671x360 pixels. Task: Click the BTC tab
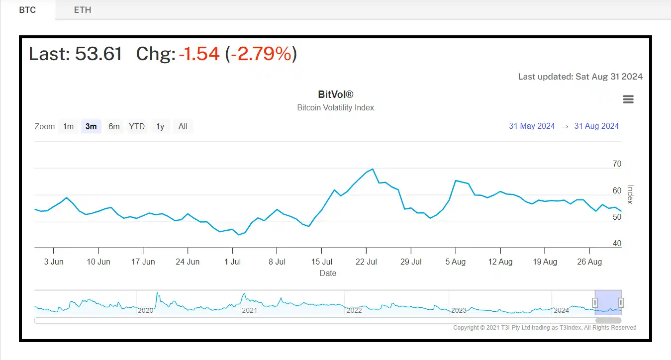click(27, 10)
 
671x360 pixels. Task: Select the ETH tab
click(83, 10)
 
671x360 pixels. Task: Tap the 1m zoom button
click(68, 126)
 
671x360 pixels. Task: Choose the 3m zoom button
click(91, 126)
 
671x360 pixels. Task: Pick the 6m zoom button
click(114, 126)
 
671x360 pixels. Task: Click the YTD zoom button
click(137, 126)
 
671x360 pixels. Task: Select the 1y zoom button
click(160, 126)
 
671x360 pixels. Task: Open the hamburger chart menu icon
click(628, 99)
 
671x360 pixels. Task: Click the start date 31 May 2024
click(532, 126)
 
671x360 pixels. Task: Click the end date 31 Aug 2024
click(596, 126)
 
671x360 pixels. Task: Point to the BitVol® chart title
click(335, 94)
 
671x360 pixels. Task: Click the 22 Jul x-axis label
click(367, 262)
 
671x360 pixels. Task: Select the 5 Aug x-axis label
click(455, 262)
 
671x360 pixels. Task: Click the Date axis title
click(328, 273)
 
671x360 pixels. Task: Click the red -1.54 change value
click(199, 54)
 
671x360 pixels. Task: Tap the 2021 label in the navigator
click(249, 310)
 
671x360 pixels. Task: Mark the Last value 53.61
click(98, 54)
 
